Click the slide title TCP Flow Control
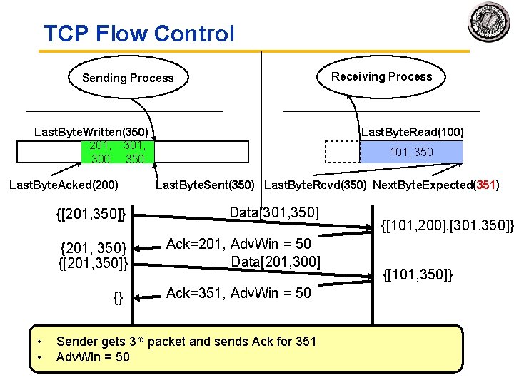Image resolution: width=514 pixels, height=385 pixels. (x=138, y=34)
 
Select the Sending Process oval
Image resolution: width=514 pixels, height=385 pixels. (x=128, y=78)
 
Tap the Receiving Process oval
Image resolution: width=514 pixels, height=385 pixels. (x=381, y=76)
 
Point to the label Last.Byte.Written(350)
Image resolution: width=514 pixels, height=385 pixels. (x=91, y=132)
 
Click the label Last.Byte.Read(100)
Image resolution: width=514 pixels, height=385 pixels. (x=412, y=132)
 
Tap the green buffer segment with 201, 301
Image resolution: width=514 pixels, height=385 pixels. (x=118, y=152)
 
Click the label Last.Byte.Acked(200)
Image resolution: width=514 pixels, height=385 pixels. (x=63, y=185)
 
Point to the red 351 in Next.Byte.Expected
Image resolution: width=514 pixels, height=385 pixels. (x=485, y=185)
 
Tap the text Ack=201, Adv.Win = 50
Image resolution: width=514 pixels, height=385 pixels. (x=238, y=244)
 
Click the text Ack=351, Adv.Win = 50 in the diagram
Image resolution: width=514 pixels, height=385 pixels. (x=238, y=292)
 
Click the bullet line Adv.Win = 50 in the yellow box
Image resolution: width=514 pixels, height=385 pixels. (x=93, y=356)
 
